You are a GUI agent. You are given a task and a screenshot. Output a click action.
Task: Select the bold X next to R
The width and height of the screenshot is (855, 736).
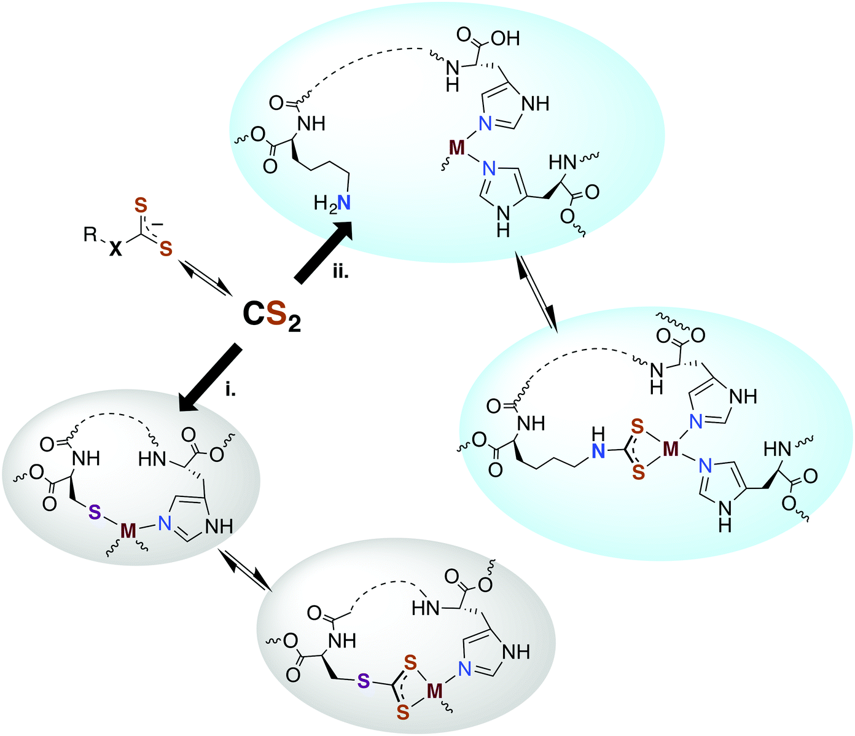click(x=115, y=249)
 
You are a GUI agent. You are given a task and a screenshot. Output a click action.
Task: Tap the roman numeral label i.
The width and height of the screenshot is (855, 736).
click(x=230, y=390)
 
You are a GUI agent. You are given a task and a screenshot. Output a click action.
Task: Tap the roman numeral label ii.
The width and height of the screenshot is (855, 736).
click(x=340, y=272)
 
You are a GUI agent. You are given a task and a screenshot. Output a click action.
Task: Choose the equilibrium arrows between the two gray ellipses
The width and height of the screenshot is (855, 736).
click(x=245, y=568)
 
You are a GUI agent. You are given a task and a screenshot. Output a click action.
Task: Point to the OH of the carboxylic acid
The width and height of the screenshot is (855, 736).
click(x=506, y=39)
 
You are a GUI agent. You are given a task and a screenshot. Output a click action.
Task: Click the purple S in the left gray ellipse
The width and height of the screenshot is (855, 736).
click(x=93, y=511)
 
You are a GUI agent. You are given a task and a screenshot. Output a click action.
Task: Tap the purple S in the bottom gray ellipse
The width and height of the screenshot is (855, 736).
click(x=364, y=681)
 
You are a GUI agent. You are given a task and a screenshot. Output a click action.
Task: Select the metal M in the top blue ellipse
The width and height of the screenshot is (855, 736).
click(x=456, y=147)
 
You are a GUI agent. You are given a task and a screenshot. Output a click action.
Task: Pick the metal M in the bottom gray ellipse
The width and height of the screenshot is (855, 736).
click(x=435, y=691)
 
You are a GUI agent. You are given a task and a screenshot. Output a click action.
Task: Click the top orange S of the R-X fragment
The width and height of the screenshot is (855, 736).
click(x=140, y=203)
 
